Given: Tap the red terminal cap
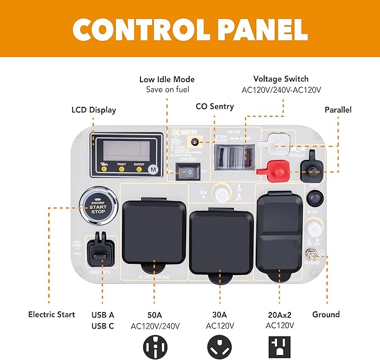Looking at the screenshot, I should pos(274,167).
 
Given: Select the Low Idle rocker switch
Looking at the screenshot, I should pos(189,173).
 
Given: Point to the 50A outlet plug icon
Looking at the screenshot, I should pos(154,347).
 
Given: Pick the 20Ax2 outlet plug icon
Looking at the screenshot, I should pos(280,347).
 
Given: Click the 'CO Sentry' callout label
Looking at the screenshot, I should pos(215,106).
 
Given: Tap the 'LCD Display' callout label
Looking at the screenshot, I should pos(93,110).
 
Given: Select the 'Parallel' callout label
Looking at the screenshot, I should pos(338,110).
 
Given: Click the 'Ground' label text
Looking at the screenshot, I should pos(326,314).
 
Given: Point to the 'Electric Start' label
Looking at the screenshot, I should pos(51,314).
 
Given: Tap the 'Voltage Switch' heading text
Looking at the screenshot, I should pos(280,79).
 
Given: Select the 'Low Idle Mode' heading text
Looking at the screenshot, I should pos(167,79).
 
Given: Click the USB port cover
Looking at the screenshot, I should pos(102,249).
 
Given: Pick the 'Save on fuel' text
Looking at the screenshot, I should pos(167,89).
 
